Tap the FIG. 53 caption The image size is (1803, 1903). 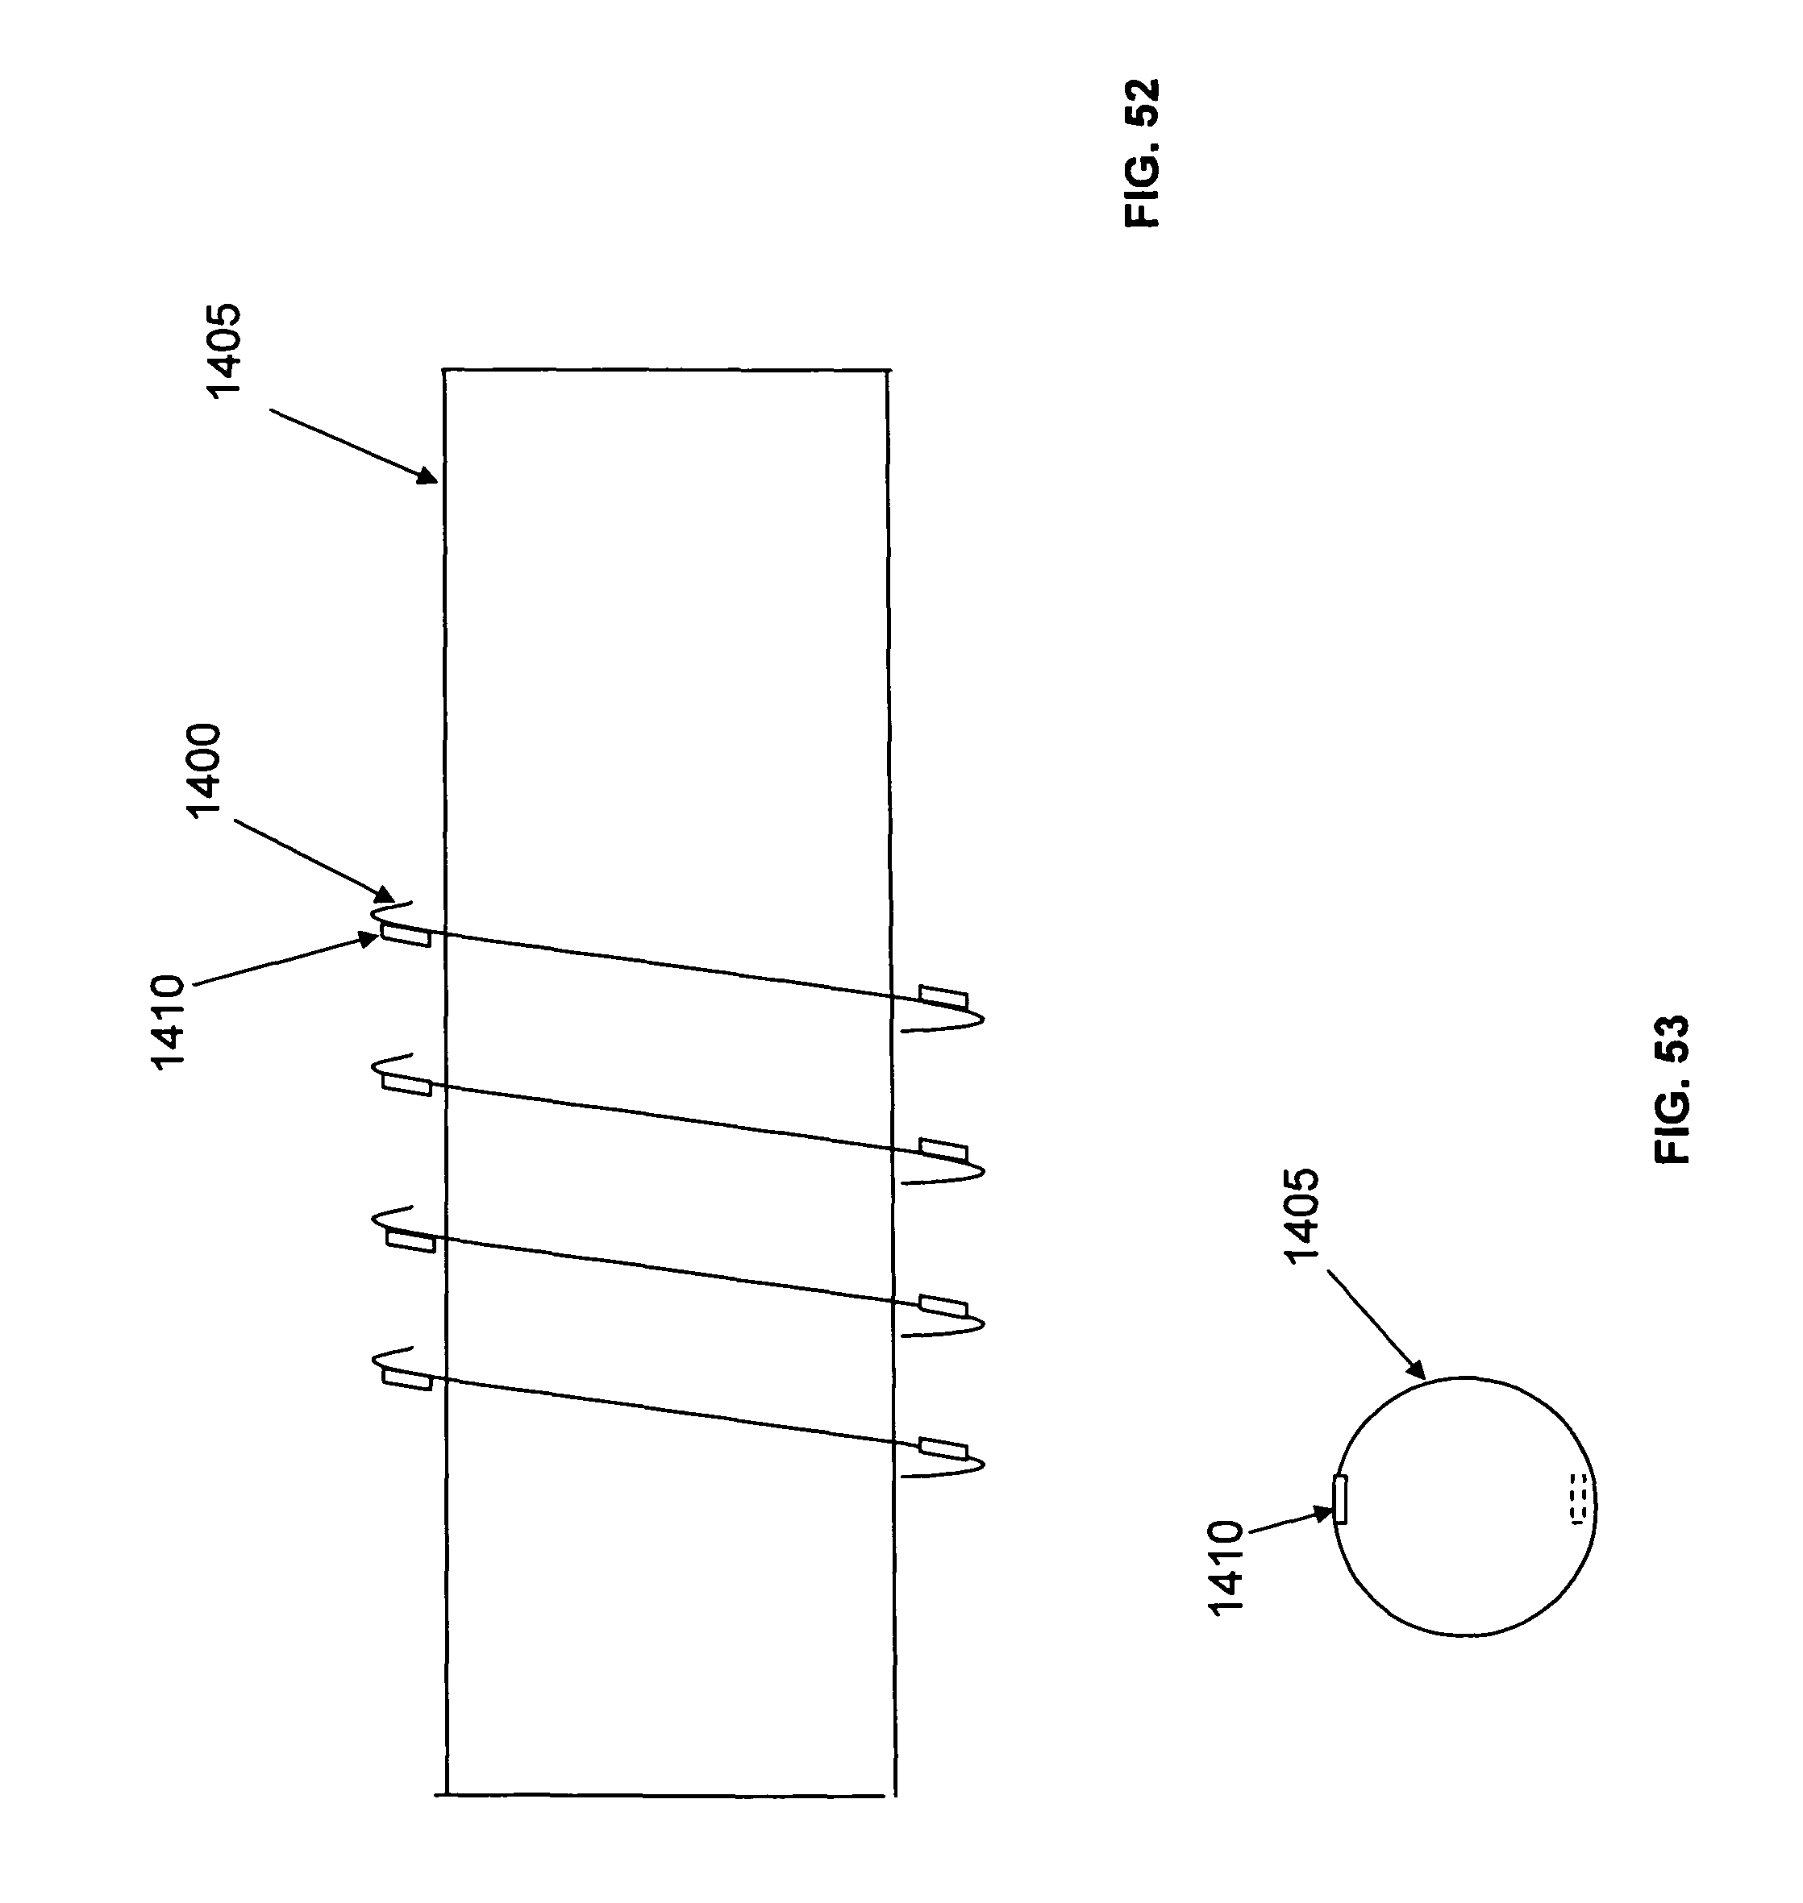[x=1672, y=1091]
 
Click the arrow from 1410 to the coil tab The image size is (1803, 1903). [x=286, y=960]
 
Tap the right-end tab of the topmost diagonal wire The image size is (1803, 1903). [x=943, y=996]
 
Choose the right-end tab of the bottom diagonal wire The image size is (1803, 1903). [x=943, y=1448]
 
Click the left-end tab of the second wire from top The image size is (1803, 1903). [x=407, y=1085]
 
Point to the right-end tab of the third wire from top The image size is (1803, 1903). [x=943, y=1306]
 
